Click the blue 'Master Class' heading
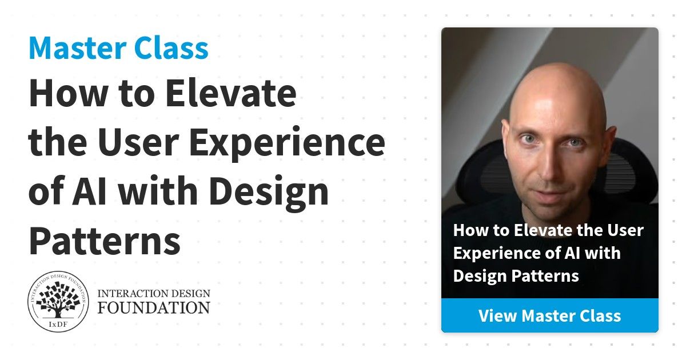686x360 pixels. [x=118, y=48]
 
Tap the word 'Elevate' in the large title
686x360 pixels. [x=231, y=93]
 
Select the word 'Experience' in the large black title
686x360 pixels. [x=287, y=143]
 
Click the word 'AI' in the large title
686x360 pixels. [x=89, y=190]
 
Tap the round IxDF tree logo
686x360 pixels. [x=58, y=302]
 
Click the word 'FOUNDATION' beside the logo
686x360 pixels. [x=154, y=307]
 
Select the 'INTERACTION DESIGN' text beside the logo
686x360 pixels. [x=154, y=293]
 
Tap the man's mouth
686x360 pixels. [x=551, y=195]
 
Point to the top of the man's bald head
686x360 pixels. [x=557, y=66]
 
